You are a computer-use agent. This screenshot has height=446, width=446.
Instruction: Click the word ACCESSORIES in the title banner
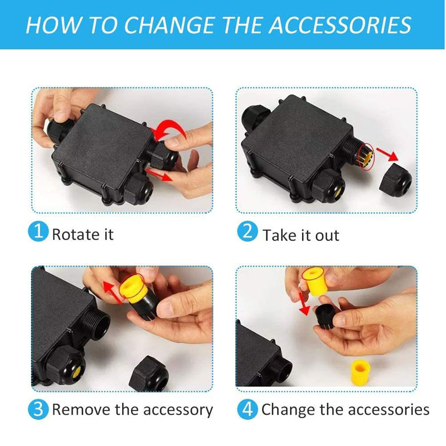[x=340, y=25]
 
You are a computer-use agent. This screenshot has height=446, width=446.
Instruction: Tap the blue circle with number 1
[x=38, y=231]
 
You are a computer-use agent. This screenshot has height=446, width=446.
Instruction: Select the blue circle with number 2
[x=248, y=231]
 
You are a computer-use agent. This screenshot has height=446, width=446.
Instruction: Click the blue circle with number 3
[x=38, y=409]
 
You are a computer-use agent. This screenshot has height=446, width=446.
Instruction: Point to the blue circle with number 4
[x=248, y=409]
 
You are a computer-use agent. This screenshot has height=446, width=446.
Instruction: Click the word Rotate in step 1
[x=75, y=234]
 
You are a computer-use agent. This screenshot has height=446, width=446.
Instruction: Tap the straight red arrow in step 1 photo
[x=159, y=174]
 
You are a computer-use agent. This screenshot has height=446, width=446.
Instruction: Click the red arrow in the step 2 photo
[x=387, y=154]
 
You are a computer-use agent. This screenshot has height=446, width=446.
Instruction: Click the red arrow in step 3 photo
[x=113, y=293]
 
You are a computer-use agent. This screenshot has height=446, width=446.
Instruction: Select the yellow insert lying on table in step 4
[x=361, y=371]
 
